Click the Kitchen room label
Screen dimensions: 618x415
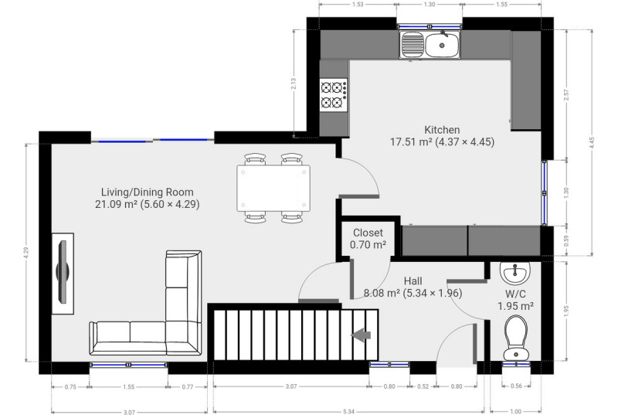(442, 130)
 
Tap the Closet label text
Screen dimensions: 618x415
(368, 233)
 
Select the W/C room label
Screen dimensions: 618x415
(515, 294)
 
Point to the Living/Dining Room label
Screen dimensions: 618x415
(148, 192)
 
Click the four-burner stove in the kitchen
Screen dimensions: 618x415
(334, 95)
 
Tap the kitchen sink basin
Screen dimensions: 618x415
(442, 45)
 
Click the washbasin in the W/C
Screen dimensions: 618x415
(514, 273)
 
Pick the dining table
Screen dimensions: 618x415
(273, 189)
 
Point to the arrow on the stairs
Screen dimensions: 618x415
(361, 335)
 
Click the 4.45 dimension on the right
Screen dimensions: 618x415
(591, 143)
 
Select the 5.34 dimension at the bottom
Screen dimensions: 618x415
(348, 412)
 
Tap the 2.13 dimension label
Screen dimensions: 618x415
(294, 83)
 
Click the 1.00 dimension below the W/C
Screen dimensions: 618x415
(515, 412)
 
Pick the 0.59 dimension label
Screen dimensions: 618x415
(566, 241)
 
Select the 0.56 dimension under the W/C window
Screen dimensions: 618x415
(516, 386)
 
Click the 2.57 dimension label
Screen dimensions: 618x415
(566, 95)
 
